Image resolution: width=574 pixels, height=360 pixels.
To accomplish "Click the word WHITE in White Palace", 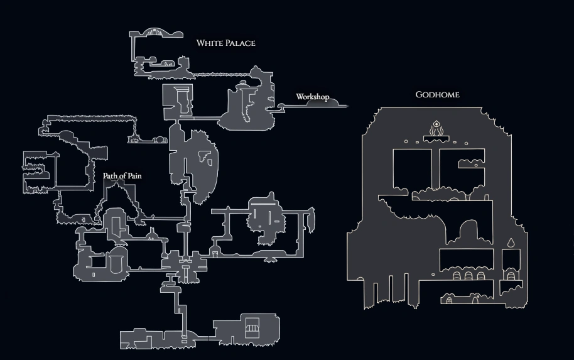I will pos(209,43).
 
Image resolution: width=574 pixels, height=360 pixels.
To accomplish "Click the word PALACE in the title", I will pos(239,43).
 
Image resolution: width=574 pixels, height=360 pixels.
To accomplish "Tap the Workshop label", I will pos(312,97).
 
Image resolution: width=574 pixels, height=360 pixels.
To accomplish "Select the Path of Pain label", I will pos(122,176).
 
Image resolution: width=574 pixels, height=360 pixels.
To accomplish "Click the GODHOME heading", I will pos(437,95).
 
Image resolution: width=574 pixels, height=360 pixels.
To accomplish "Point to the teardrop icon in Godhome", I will pos(511,242).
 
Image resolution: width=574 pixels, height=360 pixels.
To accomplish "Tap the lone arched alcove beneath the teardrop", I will pos(511,275).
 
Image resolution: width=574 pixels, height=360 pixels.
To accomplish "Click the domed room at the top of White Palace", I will pos(155,33).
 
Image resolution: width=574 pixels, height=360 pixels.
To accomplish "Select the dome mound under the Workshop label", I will pos(330,102).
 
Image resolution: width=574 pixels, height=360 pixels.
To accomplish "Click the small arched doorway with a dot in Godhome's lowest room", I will pos(450,300).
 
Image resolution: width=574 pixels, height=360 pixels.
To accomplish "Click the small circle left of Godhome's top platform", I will pos(406,141).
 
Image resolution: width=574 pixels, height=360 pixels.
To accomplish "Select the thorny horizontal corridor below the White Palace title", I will pos(207,75).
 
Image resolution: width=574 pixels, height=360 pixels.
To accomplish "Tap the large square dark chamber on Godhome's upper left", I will pos(411,168).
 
